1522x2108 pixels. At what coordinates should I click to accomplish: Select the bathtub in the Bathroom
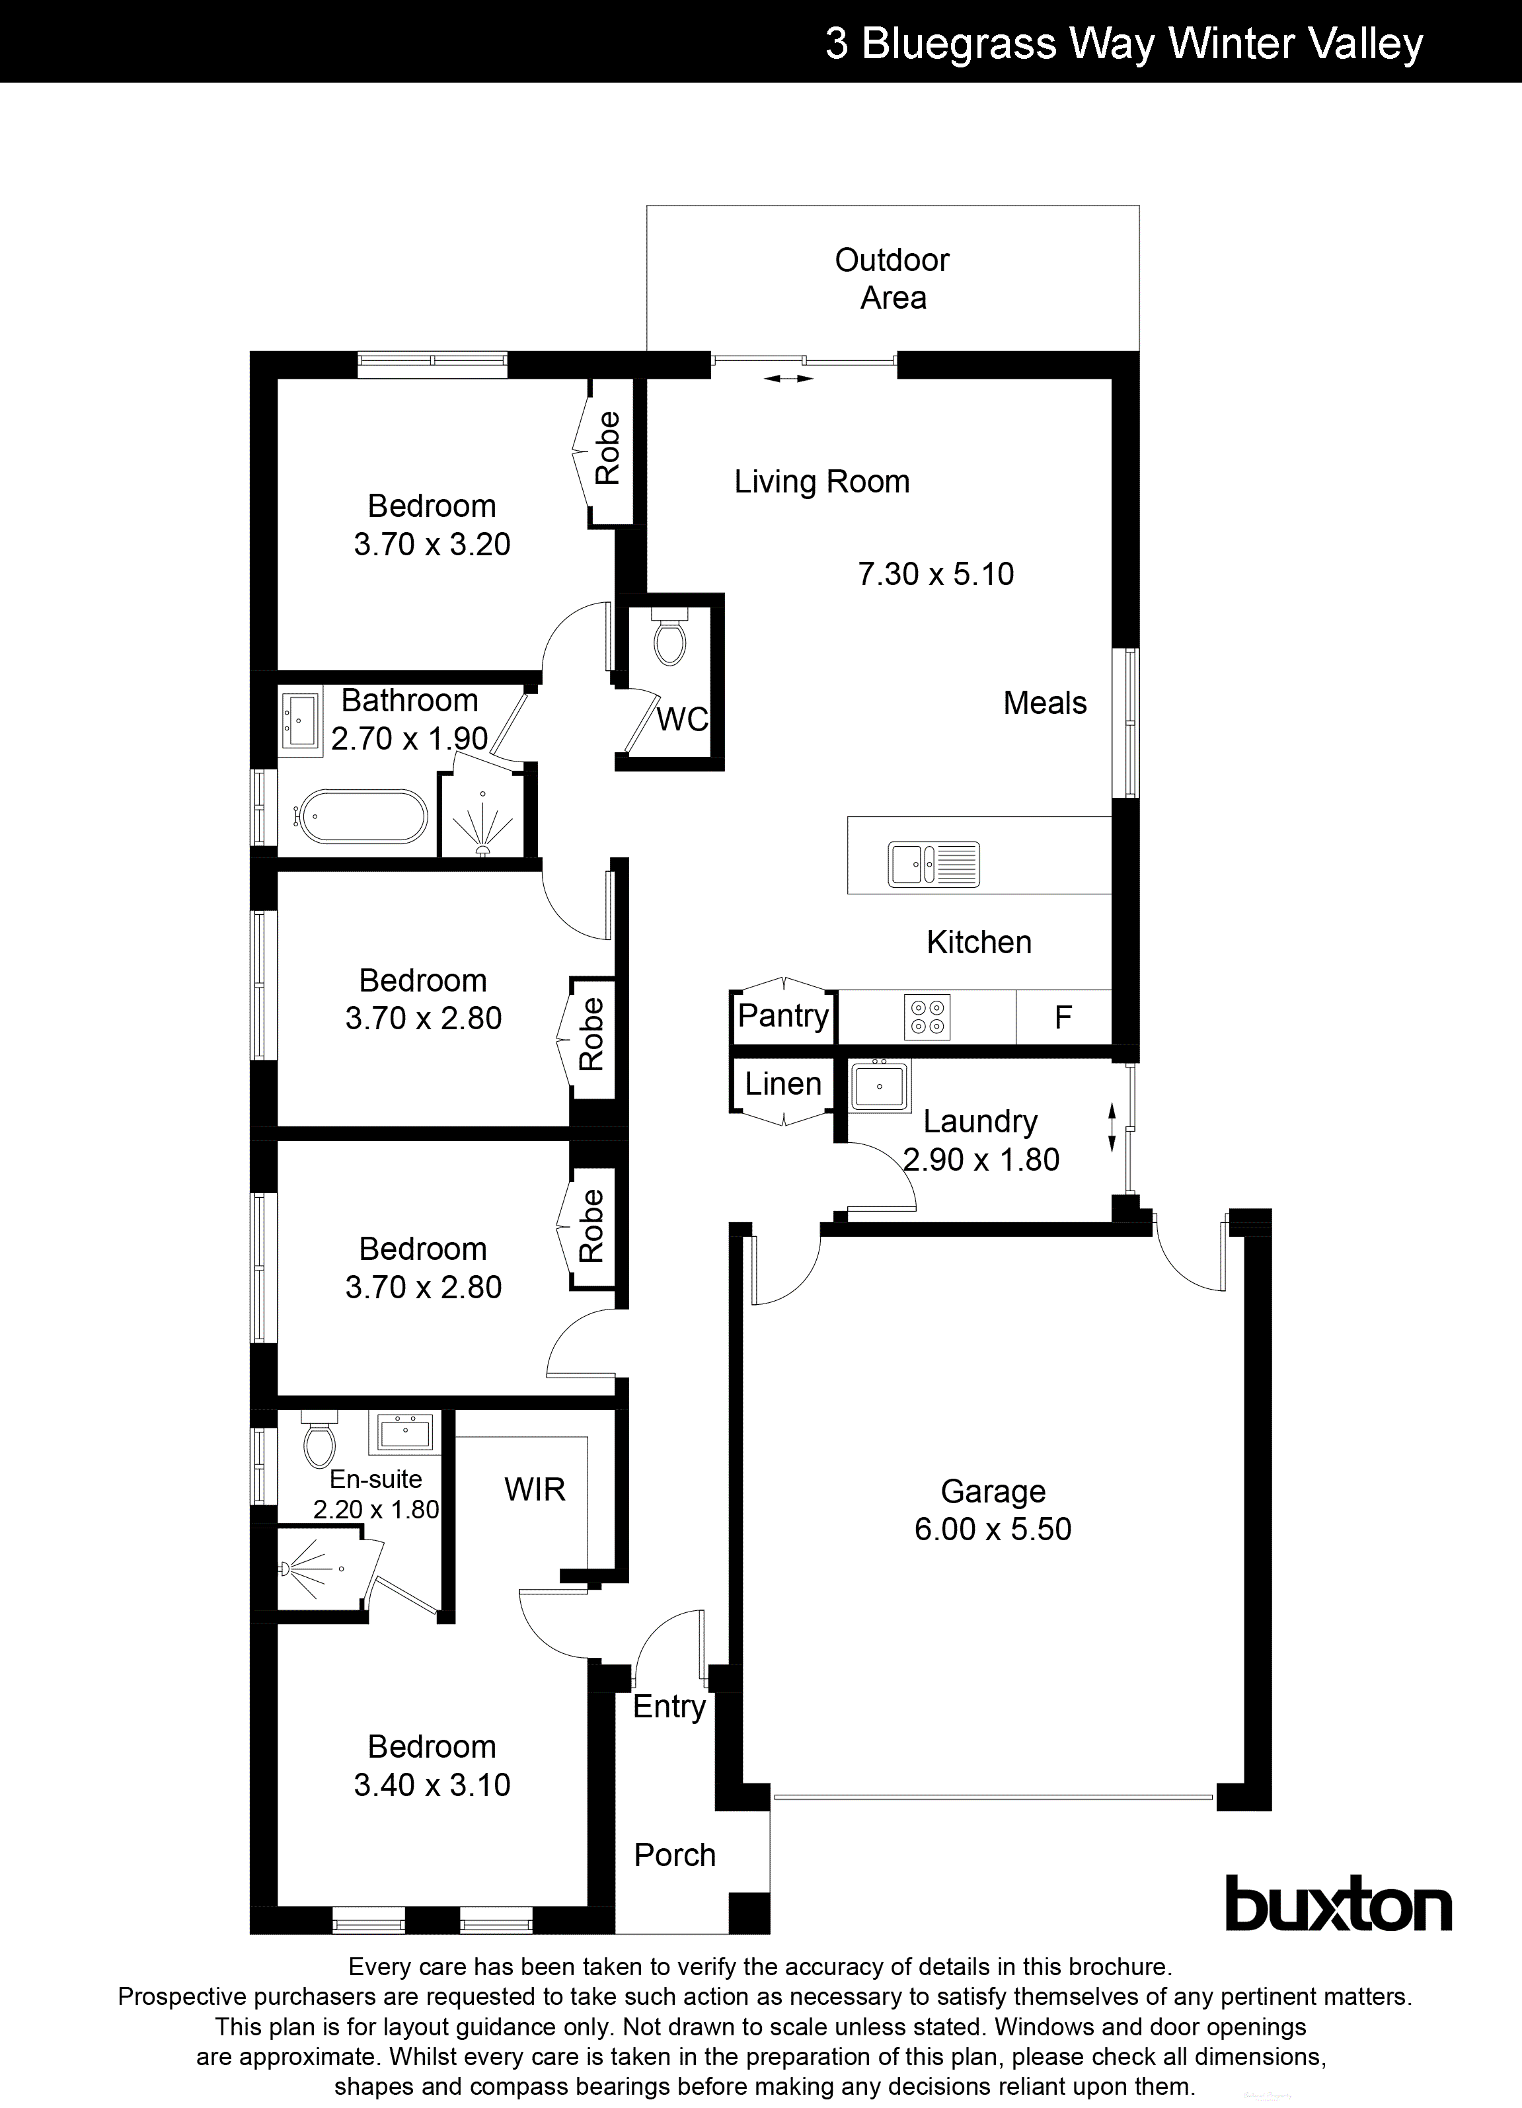[361, 817]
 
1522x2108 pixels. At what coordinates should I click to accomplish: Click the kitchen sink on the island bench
[933, 863]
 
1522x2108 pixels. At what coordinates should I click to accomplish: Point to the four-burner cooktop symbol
[927, 1017]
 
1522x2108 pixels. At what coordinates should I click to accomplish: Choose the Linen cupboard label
[783, 1083]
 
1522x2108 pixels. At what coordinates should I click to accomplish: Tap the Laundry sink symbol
[878, 1085]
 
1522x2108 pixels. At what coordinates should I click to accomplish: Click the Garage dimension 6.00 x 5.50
[993, 1529]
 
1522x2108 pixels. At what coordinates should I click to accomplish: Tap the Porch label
[675, 1855]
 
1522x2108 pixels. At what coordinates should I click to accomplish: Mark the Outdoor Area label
[892, 279]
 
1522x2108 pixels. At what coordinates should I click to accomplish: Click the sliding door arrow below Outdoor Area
[789, 378]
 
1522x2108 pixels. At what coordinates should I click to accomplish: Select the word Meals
[1044, 703]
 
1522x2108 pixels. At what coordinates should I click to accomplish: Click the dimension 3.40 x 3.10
[432, 1785]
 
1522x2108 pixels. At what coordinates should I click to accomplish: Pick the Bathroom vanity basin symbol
[299, 717]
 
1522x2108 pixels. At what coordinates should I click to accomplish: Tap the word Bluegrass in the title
[960, 44]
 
